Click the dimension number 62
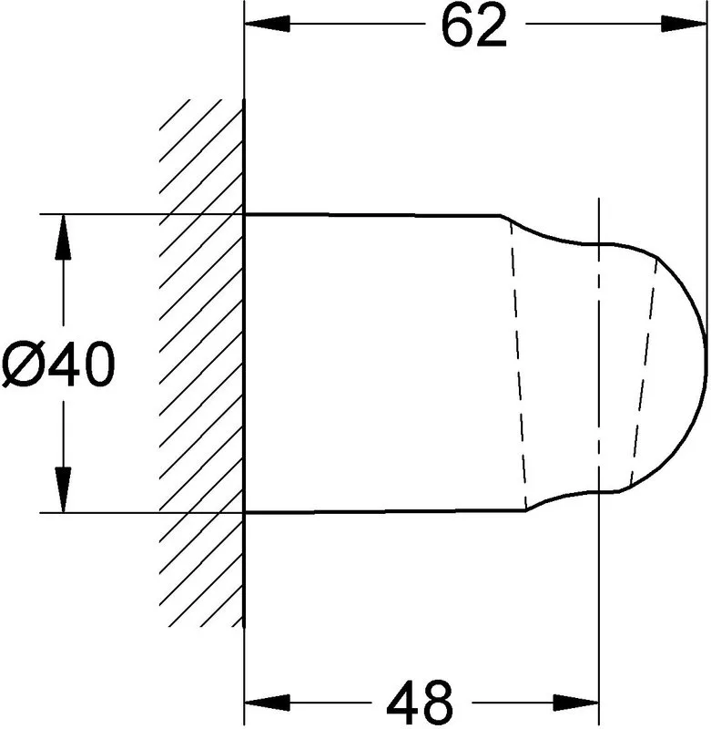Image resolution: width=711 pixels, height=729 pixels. click(x=473, y=26)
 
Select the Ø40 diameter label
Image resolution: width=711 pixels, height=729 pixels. click(x=58, y=363)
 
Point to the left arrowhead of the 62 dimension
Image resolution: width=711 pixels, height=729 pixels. click(x=267, y=24)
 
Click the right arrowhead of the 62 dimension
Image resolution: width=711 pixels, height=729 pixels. click(x=684, y=24)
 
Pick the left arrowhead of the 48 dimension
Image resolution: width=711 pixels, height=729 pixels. click(x=267, y=703)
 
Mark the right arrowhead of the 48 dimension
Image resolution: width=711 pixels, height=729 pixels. click(x=576, y=703)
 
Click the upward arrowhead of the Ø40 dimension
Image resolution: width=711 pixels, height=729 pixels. click(x=63, y=237)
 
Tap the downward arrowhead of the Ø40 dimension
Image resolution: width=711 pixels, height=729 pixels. click(x=63, y=489)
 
